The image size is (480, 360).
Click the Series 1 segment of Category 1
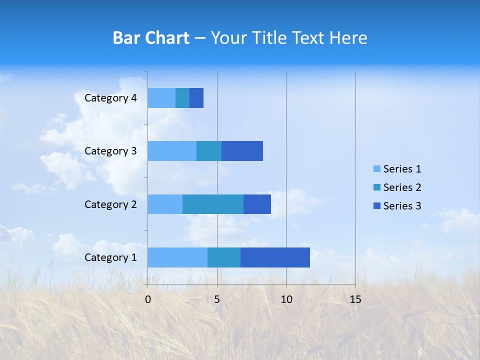point(177,257)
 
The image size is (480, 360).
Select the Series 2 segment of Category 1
point(224,257)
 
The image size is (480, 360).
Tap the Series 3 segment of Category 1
point(275,257)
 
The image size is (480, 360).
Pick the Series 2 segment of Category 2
point(213,204)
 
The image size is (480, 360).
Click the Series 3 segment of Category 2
point(257,204)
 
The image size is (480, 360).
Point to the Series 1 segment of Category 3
point(172,151)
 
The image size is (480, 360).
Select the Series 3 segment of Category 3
point(242,151)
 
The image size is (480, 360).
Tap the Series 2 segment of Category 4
point(182,98)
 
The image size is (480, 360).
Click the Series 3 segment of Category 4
point(196,98)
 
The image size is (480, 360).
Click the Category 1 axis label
point(110,257)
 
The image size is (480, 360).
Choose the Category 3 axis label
point(110,151)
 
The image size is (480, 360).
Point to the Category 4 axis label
point(110,98)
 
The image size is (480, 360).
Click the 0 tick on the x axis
point(148,299)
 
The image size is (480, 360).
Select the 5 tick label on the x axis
point(217,299)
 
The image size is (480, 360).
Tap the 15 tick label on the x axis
point(355,299)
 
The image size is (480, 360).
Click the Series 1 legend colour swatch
point(377,169)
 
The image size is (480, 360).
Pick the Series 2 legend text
point(402,187)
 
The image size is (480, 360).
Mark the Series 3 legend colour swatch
point(377,206)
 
